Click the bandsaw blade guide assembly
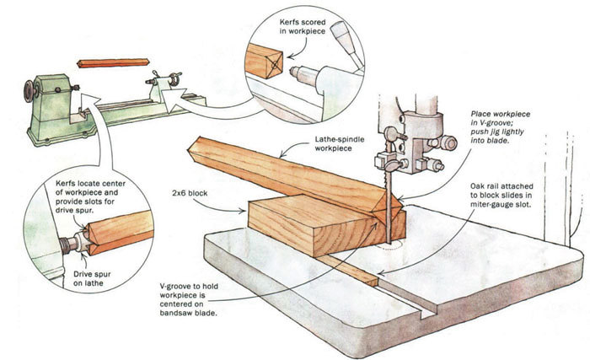[412, 134]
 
